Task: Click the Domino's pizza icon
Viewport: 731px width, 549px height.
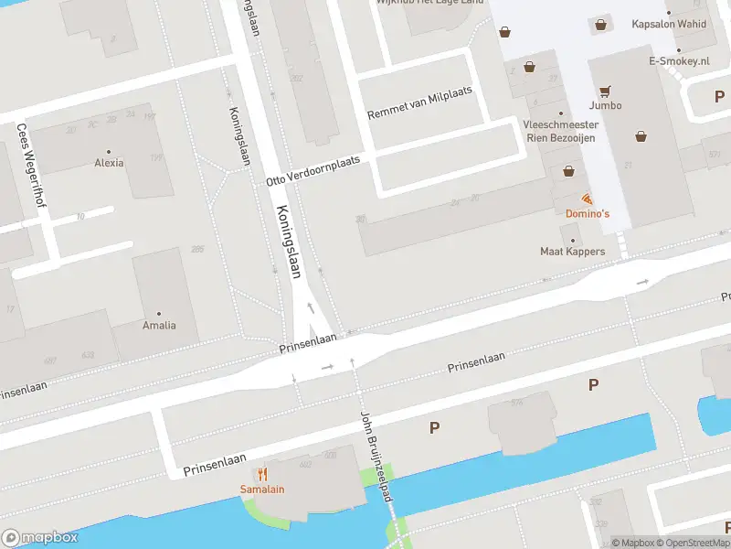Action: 586,199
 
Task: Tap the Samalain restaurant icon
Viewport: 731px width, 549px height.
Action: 262,473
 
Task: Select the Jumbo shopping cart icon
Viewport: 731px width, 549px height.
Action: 605,91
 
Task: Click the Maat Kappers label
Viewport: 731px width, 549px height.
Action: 573,251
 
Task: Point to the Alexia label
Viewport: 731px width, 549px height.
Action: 109,163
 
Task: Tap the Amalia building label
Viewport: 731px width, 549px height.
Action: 159,325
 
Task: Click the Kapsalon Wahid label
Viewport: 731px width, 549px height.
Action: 669,24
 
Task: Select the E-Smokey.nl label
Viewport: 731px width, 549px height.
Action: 679,61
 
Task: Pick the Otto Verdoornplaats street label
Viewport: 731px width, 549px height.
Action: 313,171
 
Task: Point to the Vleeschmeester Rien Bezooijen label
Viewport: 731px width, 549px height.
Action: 561,131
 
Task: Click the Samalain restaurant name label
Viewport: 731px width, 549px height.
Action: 262,489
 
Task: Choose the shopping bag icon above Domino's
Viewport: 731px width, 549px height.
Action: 569,170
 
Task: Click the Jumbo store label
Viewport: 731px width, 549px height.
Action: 605,105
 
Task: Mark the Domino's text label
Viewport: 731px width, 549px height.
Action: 587,213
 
